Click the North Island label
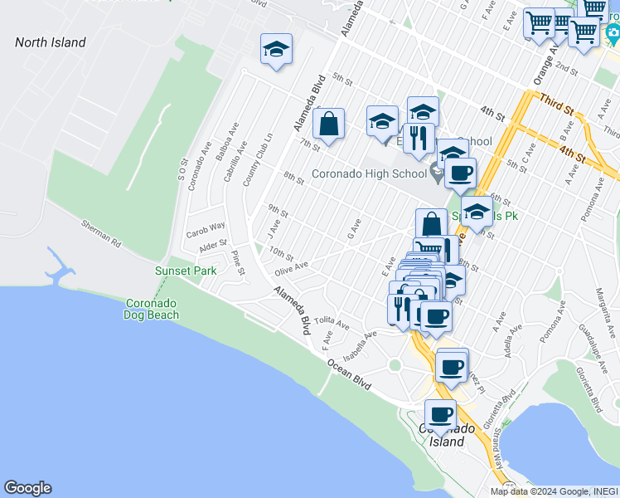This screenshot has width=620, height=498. [50, 42]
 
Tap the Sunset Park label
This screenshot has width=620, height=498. [186, 271]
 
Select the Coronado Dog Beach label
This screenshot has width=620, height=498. [151, 308]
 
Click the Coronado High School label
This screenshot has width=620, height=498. [369, 173]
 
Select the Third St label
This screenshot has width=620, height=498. [556, 104]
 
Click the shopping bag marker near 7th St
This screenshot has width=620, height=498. [329, 124]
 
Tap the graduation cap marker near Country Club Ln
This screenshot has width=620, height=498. [276, 49]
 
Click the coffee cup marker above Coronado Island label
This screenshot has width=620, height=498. [441, 414]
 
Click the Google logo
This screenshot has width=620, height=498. [27, 488]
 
